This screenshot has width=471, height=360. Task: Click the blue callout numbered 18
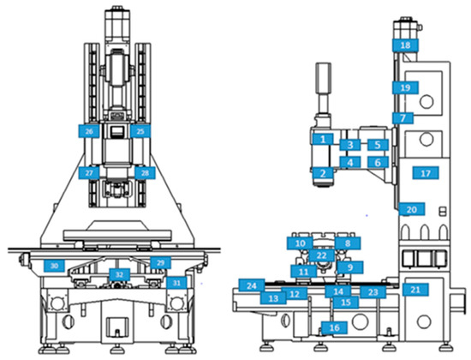coord(405,45)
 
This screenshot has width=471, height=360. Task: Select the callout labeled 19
coord(405,87)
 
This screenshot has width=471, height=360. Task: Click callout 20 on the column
coord(411,209)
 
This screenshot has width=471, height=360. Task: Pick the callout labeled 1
coord(322,139)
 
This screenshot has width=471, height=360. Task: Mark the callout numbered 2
coord(322,173)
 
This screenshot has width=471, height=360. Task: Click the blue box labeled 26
coord(89,131)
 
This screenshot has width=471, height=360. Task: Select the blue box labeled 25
coord(140,131)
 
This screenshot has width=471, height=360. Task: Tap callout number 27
coord(89,173)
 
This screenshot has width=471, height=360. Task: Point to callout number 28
coord(144,173)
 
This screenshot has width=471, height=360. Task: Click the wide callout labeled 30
coord(54,266)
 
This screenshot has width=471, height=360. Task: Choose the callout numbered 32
coord(120,274)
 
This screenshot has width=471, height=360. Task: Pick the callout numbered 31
coord(175,282)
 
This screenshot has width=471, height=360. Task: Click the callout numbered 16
coord(334,327)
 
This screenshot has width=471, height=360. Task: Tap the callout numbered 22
coord(321,255)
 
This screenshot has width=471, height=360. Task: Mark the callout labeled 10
coord(300,243)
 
